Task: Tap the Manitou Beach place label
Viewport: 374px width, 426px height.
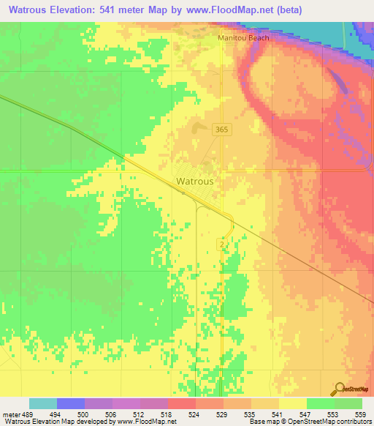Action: click(243, 38)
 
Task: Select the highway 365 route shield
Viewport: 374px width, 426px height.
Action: click(223, 130)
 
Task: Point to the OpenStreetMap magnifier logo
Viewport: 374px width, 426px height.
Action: click(340, 389)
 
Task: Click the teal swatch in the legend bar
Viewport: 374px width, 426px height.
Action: click(43, 403)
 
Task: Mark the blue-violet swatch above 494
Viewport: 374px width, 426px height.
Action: click(71, 403)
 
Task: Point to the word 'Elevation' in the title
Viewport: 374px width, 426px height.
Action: click(78, 10)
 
